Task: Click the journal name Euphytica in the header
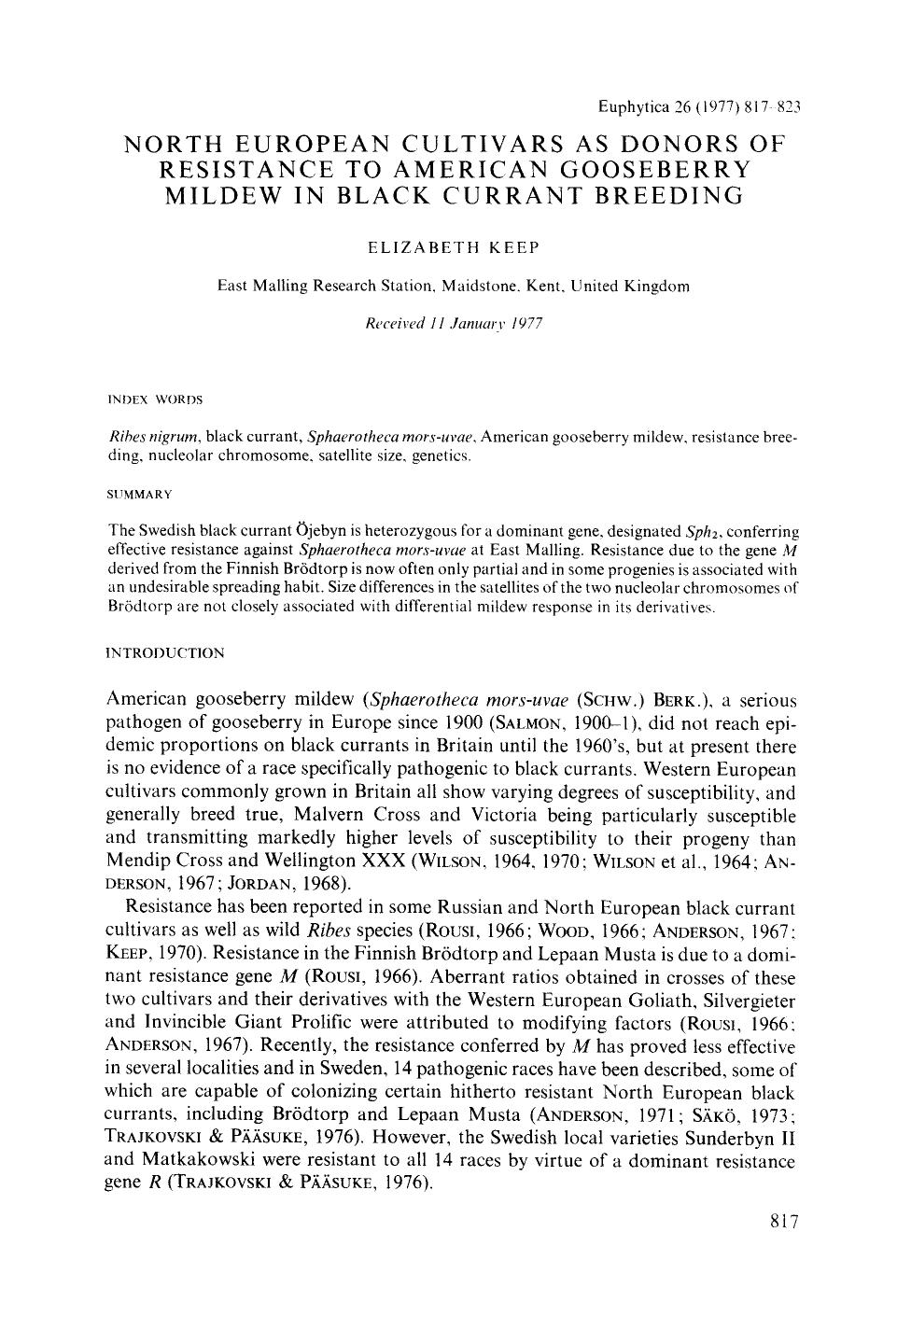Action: pos(631,107)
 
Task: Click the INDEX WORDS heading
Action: pos(156,399)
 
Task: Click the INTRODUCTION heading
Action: pos(166,653)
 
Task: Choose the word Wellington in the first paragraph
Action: pos(321,861)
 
